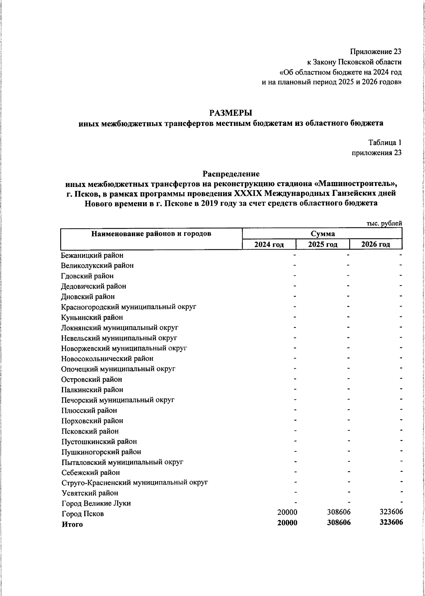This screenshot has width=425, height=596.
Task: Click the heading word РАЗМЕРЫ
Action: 231,113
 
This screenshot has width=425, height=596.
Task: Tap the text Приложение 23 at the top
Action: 376,52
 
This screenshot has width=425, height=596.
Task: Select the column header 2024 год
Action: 269,244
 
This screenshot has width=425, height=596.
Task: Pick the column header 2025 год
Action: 322,244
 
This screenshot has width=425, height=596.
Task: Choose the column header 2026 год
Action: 376,244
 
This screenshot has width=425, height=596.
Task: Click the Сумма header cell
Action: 322,234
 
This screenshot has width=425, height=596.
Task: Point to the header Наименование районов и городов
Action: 151,234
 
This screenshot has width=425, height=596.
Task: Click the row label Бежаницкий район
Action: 92,255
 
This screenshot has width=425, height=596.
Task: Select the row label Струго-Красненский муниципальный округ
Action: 135,483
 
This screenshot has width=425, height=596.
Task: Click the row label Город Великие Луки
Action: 96,503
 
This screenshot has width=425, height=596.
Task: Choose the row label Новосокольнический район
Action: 107,358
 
